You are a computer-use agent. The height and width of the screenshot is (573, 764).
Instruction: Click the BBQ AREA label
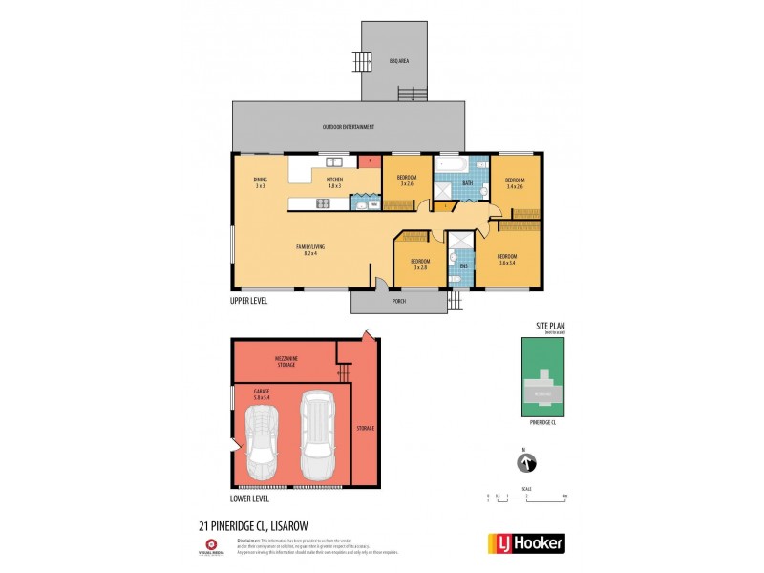[x=398, y=61]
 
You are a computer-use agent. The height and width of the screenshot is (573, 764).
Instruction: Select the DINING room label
[x=260, y=182]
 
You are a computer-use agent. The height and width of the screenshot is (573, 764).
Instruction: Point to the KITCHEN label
[x=334, y=182]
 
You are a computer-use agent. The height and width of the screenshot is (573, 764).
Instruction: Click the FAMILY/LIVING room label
[x=309, y=251]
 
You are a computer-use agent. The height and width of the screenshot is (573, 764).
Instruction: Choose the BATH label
[x=468, y=182]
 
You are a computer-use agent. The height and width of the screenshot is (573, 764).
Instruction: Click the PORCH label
[x=400, y=304]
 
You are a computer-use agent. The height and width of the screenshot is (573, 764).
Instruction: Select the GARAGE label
[x=262, y=393]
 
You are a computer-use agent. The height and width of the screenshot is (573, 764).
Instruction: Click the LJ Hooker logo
[x=526, y=543]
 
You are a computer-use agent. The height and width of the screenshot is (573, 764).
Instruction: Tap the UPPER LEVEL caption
[x=249, y=300]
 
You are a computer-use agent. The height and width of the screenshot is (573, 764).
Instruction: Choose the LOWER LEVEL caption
[x=249, y=499]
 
